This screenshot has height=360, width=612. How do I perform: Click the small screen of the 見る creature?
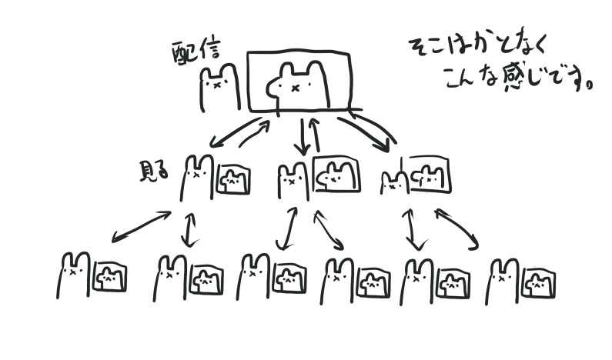click(x=232, y=180)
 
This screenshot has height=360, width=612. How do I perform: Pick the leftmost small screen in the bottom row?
click(x=109, y=277)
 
